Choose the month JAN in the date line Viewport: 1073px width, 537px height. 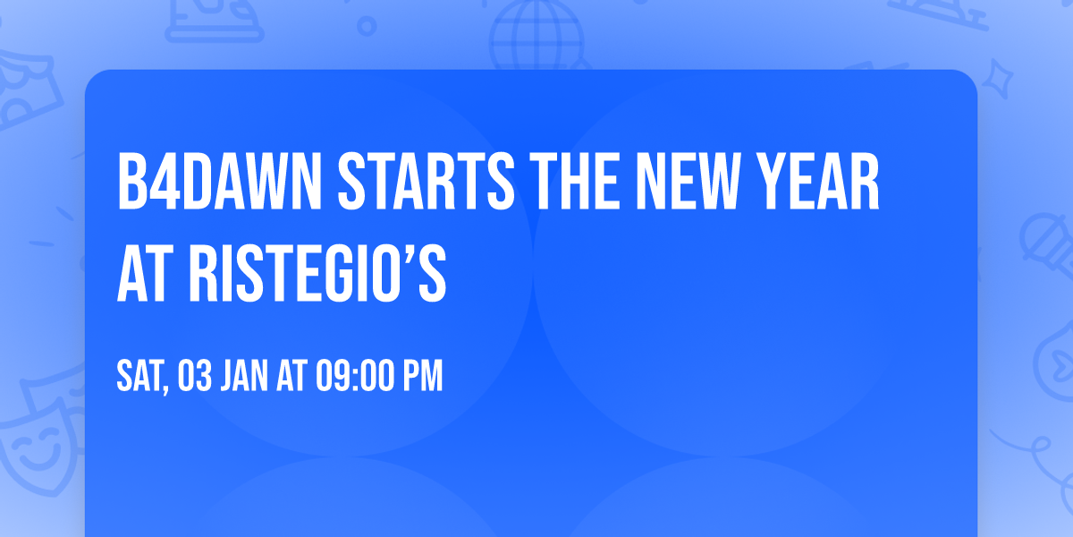pos(249,378)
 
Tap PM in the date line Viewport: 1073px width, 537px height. pos(422,378)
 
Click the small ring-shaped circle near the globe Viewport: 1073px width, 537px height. pos(368,26)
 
